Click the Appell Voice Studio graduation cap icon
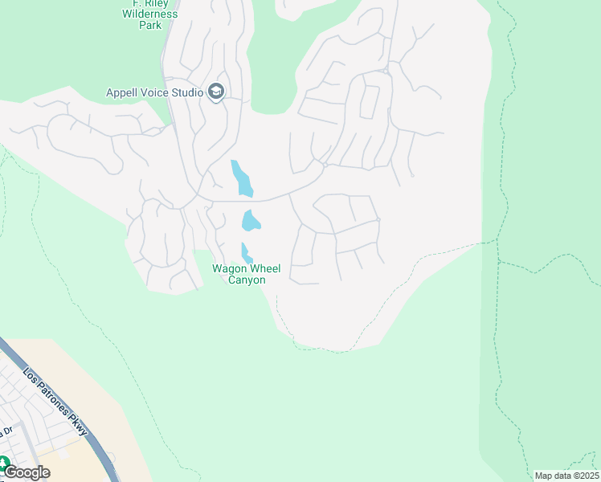point(215,92)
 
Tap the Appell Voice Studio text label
point(154,92)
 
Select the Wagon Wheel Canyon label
point(246,274)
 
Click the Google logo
point(27,472)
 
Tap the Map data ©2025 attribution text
point(566,476)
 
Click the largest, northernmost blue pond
point(241,178)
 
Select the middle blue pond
point(251,220)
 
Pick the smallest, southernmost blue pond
point(247,251)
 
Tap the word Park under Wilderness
point(149,25)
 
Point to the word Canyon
point(246,280)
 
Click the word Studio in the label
point(186,92)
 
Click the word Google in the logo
point(27,472)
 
